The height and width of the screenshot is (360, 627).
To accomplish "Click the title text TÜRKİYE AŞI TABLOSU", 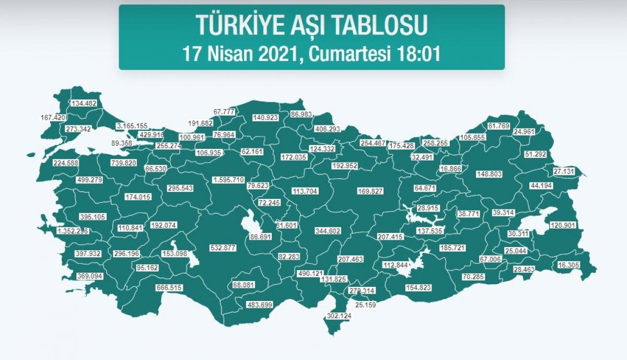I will [x=311, y=25].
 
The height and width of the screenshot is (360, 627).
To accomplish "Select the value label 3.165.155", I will [x=132, y=126].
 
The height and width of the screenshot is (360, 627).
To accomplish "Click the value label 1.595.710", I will [x=228, y=180].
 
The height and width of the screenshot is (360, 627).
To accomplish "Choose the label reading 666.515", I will [x=169, y=287].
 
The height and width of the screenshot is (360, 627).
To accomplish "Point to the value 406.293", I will [x=328, y=129].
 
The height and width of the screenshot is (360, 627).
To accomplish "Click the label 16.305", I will [x=568, y=265].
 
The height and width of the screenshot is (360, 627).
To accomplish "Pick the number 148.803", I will [x=489, y=174].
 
